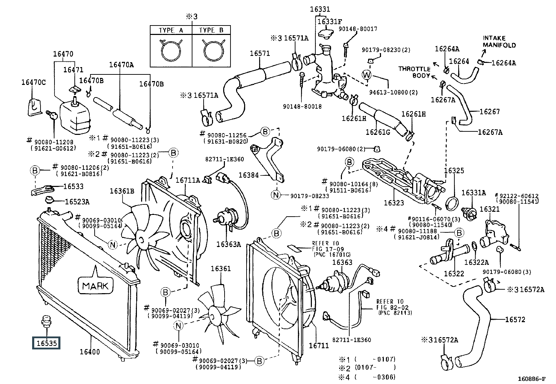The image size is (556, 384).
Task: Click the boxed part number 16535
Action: (x=46, y=343)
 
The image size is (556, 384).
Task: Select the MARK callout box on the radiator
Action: (x=96, y=285)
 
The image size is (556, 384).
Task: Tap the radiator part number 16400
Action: (x=90, y=352)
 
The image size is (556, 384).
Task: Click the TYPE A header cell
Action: (x=171, y=30)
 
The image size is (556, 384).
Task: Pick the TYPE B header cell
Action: (x=211, y=30)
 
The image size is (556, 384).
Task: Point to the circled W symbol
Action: (x=366, y=74)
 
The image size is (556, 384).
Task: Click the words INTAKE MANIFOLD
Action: (x=499, y=42)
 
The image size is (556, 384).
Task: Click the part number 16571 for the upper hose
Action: (x=259, y=53)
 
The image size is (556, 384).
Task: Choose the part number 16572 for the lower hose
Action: (x=515, y=319)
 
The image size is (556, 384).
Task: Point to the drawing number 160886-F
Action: (x=532, y=378)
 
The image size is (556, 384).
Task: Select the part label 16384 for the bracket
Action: (x=248, y=175)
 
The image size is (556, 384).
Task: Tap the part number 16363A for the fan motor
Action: (x=229, y=244)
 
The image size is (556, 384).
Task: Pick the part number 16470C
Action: (x=34, y=82)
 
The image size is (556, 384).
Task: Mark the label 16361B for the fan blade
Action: (x=122, y=191)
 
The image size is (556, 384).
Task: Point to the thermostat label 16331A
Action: (x=474, y=193)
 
